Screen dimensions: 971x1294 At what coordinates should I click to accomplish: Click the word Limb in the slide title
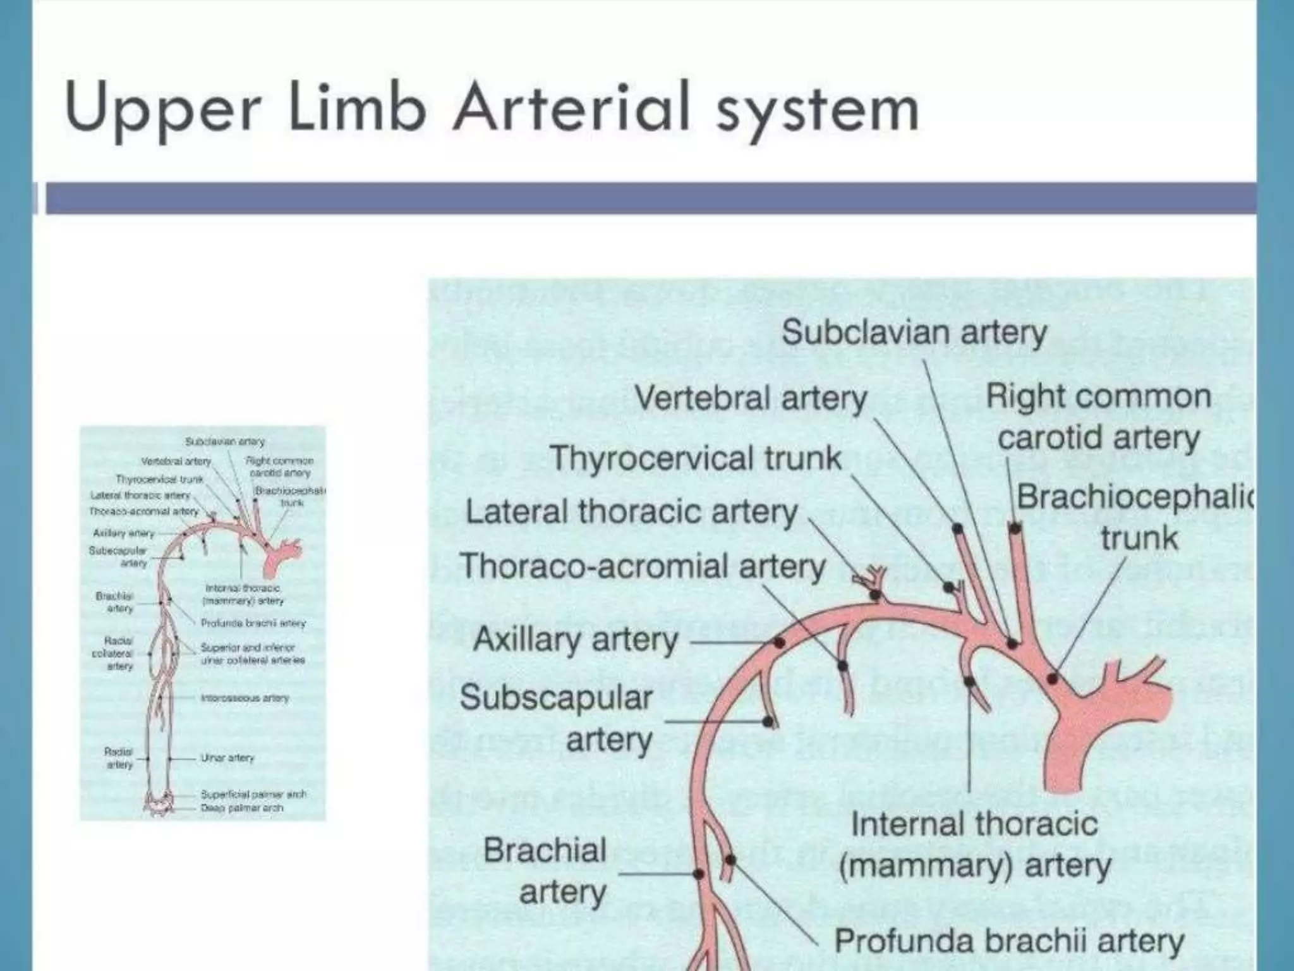(x=355, y=109)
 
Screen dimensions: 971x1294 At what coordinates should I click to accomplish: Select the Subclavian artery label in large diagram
(x=914, y=333)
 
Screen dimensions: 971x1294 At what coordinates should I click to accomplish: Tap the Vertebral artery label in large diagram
(x=751, y=399)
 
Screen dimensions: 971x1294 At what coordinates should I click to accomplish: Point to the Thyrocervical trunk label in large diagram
(x=696, y=458)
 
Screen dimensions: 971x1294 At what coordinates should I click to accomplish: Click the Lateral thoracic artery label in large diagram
(x=631, y=512)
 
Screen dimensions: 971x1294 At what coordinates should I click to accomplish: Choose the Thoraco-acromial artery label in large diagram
(x=643, y=566)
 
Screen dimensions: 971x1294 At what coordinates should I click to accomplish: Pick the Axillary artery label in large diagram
(x=576, y=639)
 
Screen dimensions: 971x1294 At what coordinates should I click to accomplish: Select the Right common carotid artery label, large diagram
(x=1098, y=417)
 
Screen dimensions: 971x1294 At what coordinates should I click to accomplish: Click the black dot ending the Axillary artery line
(x=779, y=643)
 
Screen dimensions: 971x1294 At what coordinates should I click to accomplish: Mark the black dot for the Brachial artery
(x=699, y=874)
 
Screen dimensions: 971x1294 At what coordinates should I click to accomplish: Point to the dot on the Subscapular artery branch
(x=768, y=721)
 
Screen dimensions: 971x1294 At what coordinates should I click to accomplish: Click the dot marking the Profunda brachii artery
(x=731, y=860)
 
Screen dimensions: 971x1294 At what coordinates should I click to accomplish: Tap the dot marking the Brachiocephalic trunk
(x=1052, y=678)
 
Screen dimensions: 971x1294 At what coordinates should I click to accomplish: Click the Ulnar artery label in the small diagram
(x=227, y=757)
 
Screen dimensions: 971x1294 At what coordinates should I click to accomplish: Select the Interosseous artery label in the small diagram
(x=244, y=699)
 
